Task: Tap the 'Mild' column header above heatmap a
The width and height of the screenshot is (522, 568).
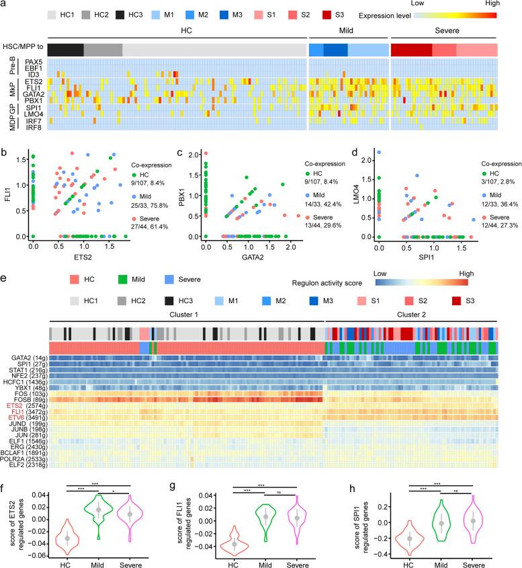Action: tap(348, 31)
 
